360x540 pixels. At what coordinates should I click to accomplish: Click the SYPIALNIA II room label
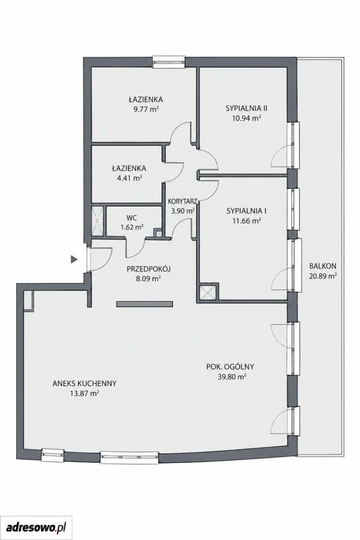(x=246, y=108)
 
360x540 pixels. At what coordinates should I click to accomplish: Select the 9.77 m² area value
(x=146, y=109)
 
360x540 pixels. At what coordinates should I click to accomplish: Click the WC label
(x=131, y=218)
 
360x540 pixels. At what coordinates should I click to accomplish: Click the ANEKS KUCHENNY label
(x=84, y=383)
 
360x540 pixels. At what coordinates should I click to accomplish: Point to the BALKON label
(x=322, y=266)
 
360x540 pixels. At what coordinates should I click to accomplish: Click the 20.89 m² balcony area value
(x=322, y=276)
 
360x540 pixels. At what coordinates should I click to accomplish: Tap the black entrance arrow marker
(x=74, y=259)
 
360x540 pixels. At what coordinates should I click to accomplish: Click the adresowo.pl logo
(x=36, y=528)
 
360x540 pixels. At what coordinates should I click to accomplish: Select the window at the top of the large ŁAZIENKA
(x=169, y=61)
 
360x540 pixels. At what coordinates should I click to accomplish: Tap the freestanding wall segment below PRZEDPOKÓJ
(x=145, y=304)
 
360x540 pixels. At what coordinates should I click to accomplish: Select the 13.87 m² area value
(x=84, y=393)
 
